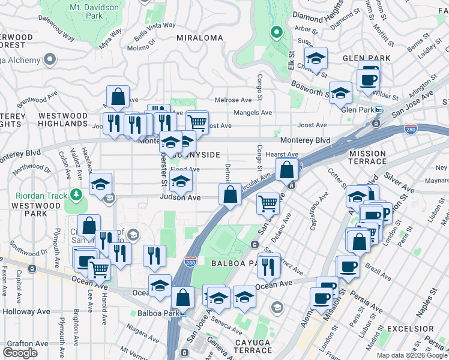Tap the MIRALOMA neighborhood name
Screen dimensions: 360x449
200,38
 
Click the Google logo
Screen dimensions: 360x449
20,353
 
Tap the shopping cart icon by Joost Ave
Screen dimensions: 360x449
197,122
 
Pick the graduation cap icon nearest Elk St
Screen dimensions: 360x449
315,58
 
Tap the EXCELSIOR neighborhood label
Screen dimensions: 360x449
411,329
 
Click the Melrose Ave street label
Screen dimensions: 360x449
233,100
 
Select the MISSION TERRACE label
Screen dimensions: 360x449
367,158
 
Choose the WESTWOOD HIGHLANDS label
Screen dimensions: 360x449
63,119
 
